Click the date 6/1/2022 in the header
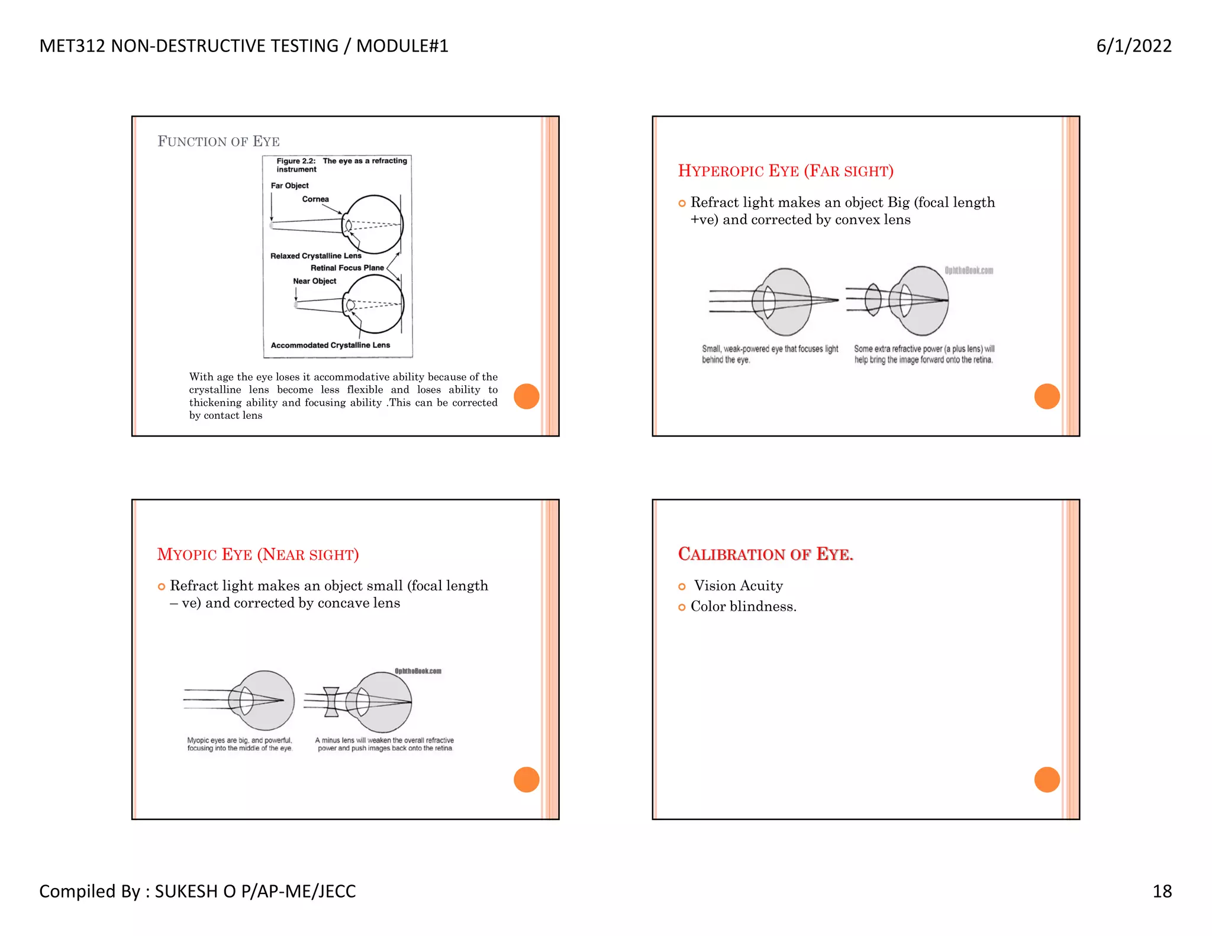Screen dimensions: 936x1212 (x=1133, y=46)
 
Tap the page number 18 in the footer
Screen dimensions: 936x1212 (x=1162, y=891)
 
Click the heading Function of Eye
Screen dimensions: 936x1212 (x=218, y=141)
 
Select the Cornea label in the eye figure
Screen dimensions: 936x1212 (x=315, y=199)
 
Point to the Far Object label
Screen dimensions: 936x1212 (x=289, y=186)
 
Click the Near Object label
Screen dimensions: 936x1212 (x=314, y=281)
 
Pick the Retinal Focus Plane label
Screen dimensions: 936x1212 (x=347, y=268)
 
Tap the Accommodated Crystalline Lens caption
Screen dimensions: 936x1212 (x=330, y=345)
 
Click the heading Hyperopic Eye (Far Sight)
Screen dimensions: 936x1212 (x=785, y=171)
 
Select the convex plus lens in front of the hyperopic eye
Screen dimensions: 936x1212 (x=873, y=300)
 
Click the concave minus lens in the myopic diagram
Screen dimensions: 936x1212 (x=331, y=702)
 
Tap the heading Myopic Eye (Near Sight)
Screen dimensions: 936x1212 (x=257, y=554)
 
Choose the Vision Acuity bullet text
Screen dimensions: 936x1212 (x=738, y=586)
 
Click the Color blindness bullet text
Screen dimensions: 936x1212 (x=743, y=606)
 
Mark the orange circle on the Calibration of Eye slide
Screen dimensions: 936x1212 (x=1046, y=779)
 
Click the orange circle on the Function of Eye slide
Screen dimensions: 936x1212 (x=526, y=396)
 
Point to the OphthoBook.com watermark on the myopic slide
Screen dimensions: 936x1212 (x=418, y=671)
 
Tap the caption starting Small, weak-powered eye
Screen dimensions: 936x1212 (x=769, y=354)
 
